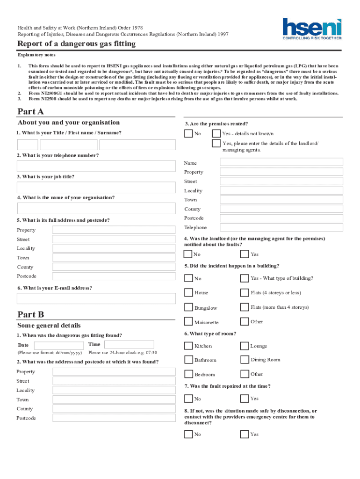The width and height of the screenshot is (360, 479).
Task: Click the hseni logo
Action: (x=312, y=29)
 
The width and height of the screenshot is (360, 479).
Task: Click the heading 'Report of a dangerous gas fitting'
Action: (x=77, y=44)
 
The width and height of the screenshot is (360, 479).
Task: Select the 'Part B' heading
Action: (x=30, y=314)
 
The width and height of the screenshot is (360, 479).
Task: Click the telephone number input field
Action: (x=96, y=166)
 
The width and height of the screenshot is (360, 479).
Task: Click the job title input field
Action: (x=96, y=187)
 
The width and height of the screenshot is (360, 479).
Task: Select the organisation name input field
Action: (x=96, y=208)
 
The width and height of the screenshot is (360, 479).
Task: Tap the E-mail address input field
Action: (x=96, y=298)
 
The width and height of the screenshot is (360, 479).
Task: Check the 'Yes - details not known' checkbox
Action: (x=216, y=134)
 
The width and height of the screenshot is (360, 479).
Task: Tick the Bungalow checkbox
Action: (x=188, y=308)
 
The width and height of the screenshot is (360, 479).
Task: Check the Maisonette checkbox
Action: (x=188, y=322)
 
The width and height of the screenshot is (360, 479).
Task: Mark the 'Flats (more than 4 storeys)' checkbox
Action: (x=244, y=307)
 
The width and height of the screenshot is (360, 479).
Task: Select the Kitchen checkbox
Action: (x=188, y=346)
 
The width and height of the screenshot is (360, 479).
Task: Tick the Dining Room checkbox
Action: (x=244, y=360)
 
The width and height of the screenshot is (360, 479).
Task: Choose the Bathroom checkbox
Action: (x=188, y=360)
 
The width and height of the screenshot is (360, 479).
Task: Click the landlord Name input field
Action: (x=281, y=162)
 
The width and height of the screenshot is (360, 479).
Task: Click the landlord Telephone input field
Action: (x=281, y=227)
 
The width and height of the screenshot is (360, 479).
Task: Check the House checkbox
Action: (x=188, y=293)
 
